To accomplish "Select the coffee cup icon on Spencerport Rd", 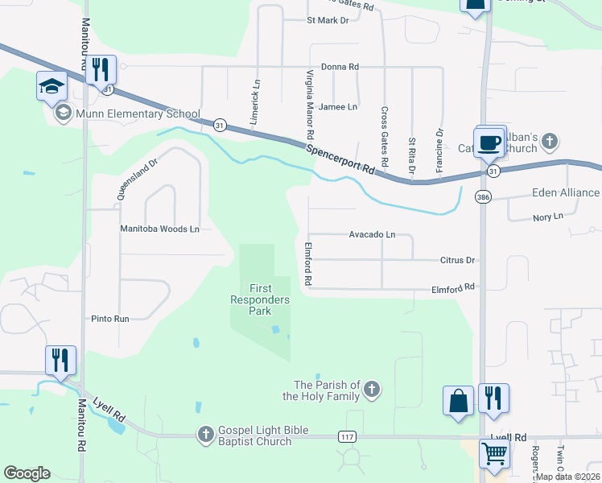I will (x=489, y=142).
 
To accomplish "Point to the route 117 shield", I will (x=347, y=436).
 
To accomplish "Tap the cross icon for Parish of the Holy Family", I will (x=371, y=390).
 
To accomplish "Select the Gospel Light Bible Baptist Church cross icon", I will (x=205, y=435).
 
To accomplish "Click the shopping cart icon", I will (x=493, y=453).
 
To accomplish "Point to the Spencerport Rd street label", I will (x=342, y=160).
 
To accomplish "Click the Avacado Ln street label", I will (x=372, y=234).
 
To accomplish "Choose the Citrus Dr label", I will (x=459, y=260).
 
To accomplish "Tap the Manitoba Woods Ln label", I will (x=159, y=229).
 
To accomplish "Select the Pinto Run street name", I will (x=110, y=319).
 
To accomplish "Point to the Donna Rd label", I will (x=339, y=67).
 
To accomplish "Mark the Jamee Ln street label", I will (x=337, y=106).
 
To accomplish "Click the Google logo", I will (x=27, y=473).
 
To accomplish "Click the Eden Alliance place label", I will (x=566, y=192).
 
